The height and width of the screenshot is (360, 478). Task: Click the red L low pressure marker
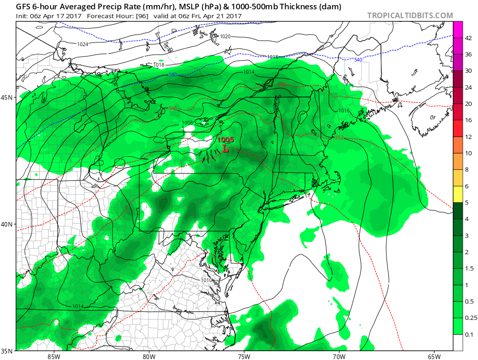(x=225, y=149)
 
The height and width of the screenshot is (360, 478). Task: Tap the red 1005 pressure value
(x=225, y=140)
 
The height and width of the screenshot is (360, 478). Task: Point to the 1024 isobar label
(x=83, y=44)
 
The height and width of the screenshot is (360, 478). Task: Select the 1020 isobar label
(x=225, y=36)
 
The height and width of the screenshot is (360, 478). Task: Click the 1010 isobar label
(x=206, y=280)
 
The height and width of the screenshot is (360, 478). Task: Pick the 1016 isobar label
(x=344, y=111)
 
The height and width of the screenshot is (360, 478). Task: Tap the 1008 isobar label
(x=187, y=123)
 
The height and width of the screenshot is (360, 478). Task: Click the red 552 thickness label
(x=339, y=138)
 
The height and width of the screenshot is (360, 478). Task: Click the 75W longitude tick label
(x=244, y=357)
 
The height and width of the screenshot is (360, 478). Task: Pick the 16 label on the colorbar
(x=469, y=120)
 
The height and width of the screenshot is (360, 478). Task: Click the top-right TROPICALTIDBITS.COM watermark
(x=410, y=15)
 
